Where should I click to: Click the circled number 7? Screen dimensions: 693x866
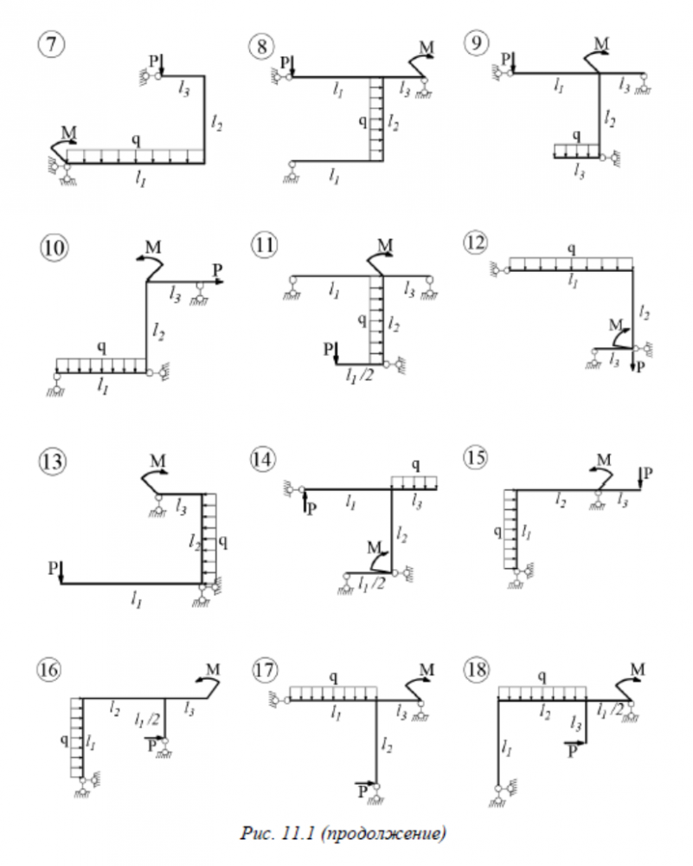click(x=54, y=43)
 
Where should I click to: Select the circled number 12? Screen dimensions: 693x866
click(x=475, y=244)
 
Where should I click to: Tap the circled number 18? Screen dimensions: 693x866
click(x=475, y=669)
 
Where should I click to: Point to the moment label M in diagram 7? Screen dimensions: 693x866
click(x=68, y=132)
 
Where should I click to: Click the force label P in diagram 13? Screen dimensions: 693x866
click(x=54, y=567)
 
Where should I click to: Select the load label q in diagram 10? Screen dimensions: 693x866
click(x=101, y=347)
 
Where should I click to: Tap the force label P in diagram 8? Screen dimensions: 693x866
click(x=286, y=61)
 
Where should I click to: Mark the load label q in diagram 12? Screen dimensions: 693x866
click(x=571, y=249)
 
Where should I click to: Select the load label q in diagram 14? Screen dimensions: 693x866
click(x=417, y=466)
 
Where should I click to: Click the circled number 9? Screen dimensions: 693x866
click(x=475, y=43)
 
